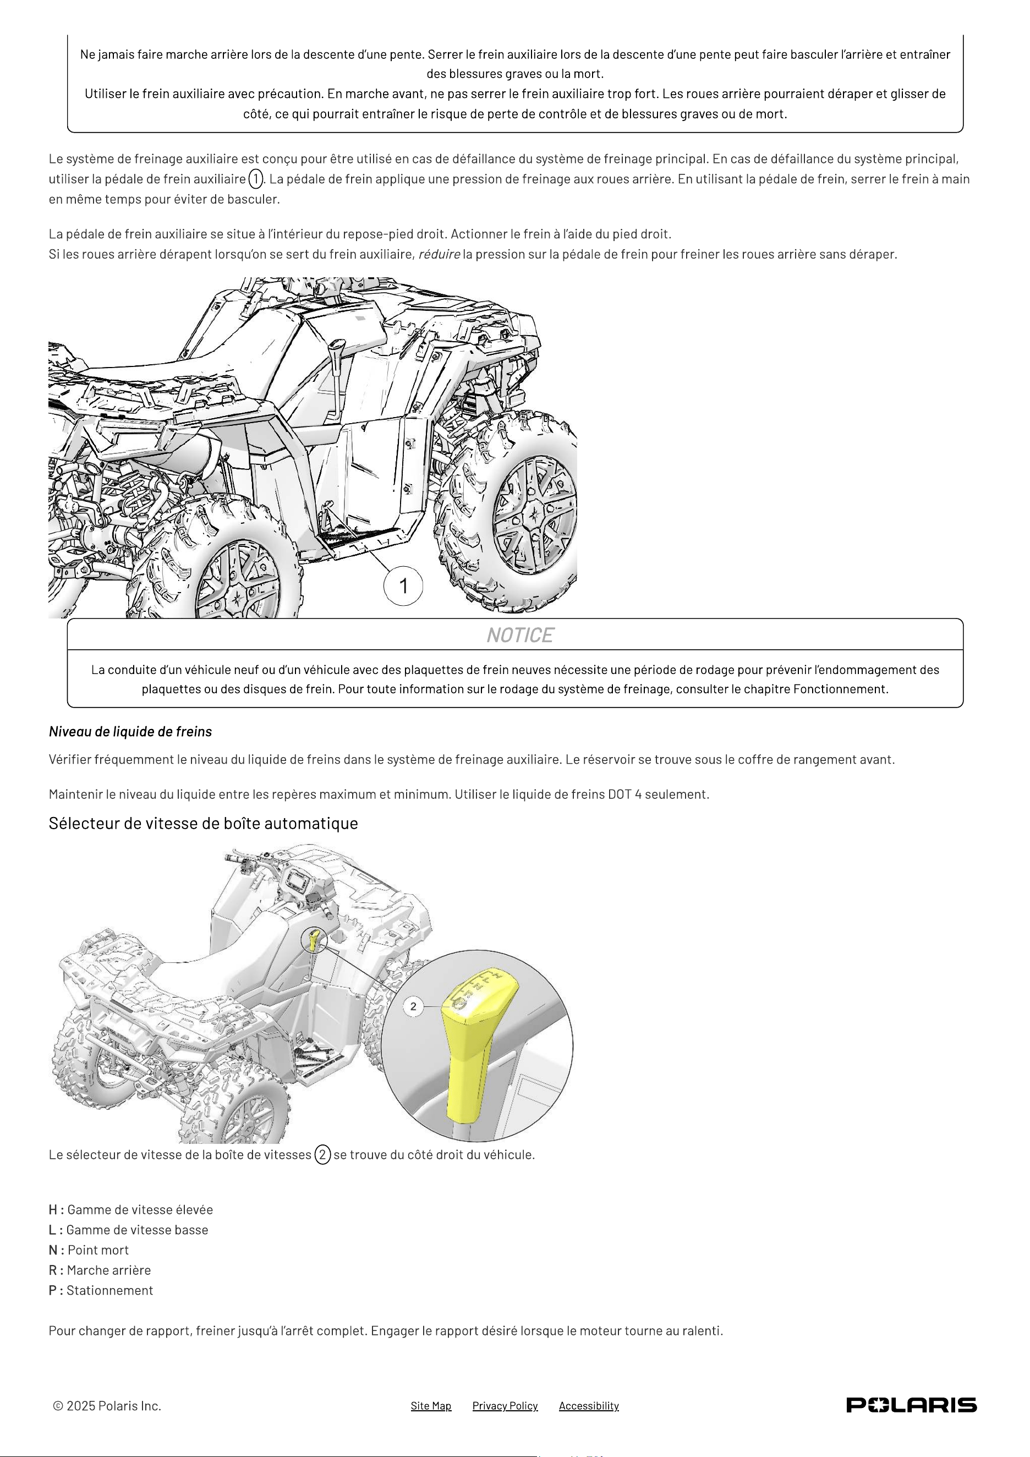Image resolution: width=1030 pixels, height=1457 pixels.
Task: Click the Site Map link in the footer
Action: pos(431,1406)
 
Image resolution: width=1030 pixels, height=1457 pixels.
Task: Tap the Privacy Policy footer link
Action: pos(505,1406)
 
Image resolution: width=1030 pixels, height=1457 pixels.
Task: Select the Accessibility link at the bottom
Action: pos(589,1406)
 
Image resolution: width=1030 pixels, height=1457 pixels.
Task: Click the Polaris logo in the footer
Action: pos(911,1405)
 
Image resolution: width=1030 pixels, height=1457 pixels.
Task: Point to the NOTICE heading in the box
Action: pos(520,635)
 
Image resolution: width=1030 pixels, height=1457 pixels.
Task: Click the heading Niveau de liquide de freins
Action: pos(130,732)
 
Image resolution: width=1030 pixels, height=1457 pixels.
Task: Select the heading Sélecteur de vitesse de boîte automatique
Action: pos(203,823)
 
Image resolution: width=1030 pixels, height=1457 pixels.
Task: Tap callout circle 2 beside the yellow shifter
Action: pos(414,1006)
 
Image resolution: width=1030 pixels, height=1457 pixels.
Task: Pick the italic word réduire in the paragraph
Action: pos(439,254)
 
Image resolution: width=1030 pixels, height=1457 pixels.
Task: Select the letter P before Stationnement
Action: pos(53,1290)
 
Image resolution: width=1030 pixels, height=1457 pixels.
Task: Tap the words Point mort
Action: pos(98,1250)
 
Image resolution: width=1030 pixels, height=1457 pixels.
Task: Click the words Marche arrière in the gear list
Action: pos(109,1270)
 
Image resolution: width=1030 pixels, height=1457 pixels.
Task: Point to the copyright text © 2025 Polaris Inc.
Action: pos(107,1406)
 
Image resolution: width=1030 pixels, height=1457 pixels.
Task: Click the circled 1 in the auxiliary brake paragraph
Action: pos(255,179)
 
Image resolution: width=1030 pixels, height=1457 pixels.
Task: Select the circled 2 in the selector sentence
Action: pos(322,1154)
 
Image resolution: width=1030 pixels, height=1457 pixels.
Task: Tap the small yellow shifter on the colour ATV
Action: pos(315,939)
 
